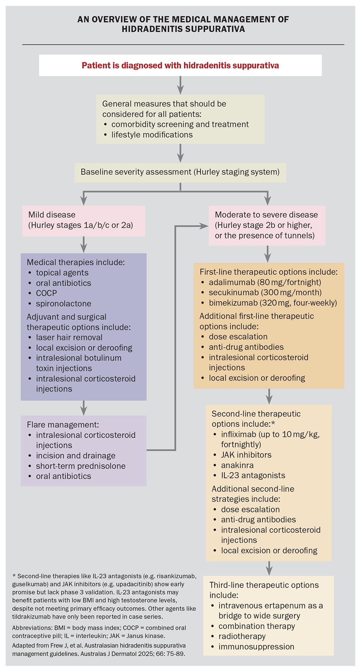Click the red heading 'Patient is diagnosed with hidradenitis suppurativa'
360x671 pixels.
click(x=180, y=66)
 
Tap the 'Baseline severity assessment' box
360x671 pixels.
click(x=180, y=172)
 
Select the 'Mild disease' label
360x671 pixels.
click(x=52, y=215)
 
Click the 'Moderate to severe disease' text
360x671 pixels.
click(x=266, y=215)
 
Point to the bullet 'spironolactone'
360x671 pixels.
click(x=63, y=303)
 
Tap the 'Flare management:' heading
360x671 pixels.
click(x=63, y=425)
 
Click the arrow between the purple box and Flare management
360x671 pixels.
click(x=84, y=408)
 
